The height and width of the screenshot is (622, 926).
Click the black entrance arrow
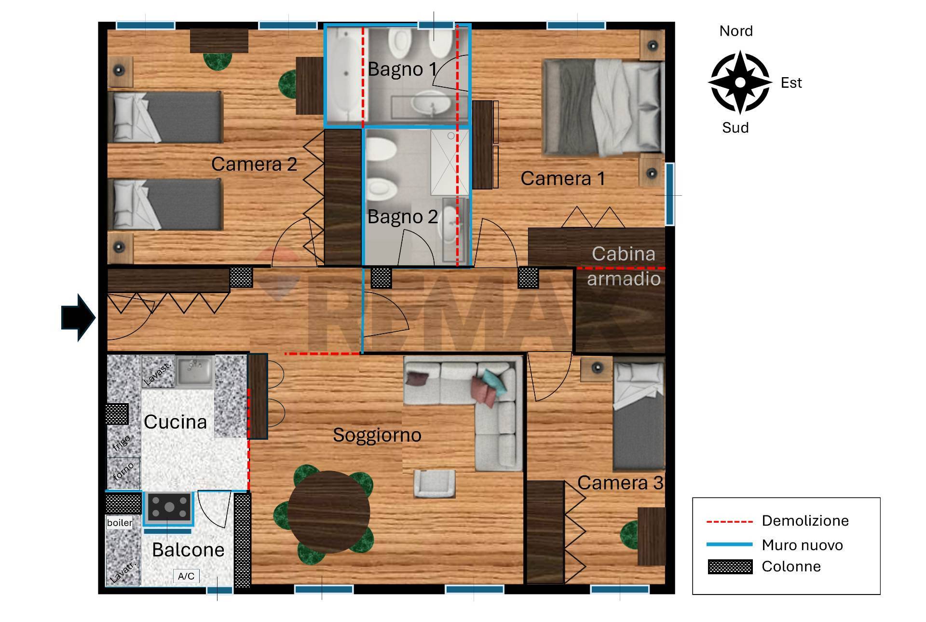pos(79,318)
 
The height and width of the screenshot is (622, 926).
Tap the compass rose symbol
pos(739,82)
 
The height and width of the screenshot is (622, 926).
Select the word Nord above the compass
pos(736,31)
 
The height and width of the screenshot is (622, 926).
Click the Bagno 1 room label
pos(402,69)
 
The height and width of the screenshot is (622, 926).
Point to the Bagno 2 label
pos(403,216)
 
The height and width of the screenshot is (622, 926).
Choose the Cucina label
pos(176,422)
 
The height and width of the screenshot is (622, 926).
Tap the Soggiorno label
pos(377,435)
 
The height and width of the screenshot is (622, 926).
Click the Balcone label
pos(188,550)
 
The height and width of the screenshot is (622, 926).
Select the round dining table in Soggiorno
pos(329,512)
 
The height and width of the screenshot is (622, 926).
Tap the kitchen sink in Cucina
pos(194,372)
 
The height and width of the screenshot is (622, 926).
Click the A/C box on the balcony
pos(186,576)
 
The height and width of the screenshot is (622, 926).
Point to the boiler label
pos(120,523)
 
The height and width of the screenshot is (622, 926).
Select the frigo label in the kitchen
pos(121,443)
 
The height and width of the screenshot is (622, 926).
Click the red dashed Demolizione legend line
pos(730,522)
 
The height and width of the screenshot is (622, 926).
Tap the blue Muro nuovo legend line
pos(730,544)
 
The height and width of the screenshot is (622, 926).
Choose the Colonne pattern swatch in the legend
pos(730,567)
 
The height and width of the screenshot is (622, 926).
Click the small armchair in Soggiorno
pos(435,484)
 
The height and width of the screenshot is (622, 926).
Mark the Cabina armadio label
pos(624,266)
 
